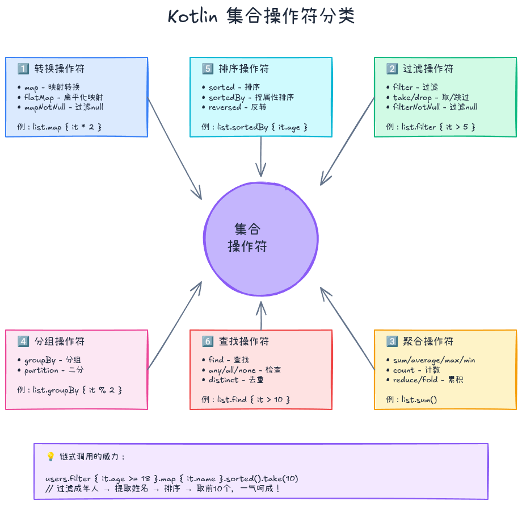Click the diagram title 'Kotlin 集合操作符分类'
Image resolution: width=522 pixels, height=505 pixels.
[261, 16]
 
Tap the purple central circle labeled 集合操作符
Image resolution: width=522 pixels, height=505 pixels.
[261, 239]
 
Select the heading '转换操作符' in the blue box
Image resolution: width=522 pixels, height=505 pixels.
[60, 69]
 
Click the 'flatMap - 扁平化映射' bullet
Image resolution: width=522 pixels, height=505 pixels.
[63, 97]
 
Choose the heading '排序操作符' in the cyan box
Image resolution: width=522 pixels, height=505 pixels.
[243, 69]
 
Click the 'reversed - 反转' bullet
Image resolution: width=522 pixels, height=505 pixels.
[238, 107]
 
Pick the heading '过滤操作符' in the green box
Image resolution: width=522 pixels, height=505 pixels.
[428, 69]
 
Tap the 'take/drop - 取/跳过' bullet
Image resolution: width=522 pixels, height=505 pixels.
[431, 97]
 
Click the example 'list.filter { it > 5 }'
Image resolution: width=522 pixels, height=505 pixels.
[438, 127]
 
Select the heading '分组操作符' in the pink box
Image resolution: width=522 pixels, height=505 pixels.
[60, 341]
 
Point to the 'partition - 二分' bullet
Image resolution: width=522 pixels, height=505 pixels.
[53, 370]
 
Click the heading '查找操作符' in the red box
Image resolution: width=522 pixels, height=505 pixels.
[243, 341]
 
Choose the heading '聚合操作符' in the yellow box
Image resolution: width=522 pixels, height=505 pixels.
[428, 341]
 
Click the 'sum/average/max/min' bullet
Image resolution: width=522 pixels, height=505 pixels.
[434, 360]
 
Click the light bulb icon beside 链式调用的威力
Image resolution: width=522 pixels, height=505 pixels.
[50, 457]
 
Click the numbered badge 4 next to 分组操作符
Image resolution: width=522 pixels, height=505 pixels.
[23, 341]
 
